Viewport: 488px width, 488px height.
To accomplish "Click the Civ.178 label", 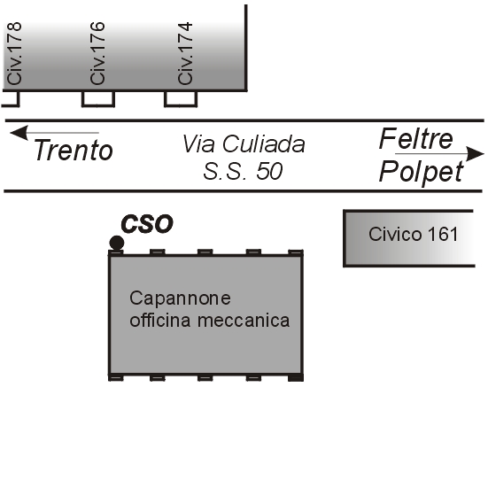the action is tap(14, 53).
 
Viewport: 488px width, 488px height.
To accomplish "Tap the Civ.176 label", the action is tap(97, 53).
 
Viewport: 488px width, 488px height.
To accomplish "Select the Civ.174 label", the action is tap(185, 53).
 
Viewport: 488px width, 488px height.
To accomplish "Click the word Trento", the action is tap(74, 150).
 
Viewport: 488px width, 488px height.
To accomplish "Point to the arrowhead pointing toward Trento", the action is tap(19, 133).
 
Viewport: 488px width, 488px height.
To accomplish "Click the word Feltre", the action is tap(416, 139).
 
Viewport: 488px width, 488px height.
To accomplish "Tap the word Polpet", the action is tap(422, 172).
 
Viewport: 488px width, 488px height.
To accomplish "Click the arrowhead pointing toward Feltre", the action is tap(475, 154).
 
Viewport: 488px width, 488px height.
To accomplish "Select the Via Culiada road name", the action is tap(244, 143).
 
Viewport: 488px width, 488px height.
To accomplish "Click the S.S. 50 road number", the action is tap(243, 171).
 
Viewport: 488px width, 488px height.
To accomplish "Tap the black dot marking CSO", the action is tap(117, 243).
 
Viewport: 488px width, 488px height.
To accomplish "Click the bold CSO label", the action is tap(147, 224).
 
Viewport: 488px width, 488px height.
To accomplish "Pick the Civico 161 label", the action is tap(414, 234).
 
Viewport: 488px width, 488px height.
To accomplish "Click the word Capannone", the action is tap(180, 298).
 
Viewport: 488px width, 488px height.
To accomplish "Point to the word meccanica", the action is tap(244, 321).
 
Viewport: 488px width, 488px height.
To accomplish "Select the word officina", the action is tap(160, 320).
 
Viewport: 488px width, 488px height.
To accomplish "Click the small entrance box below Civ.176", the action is tap(98, 99).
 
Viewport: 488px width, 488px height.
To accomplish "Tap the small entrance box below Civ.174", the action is tap(181, 99).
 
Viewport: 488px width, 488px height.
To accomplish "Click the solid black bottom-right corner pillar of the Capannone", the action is tap(296, 377).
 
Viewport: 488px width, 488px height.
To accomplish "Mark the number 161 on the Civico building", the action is tap(443, 234).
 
